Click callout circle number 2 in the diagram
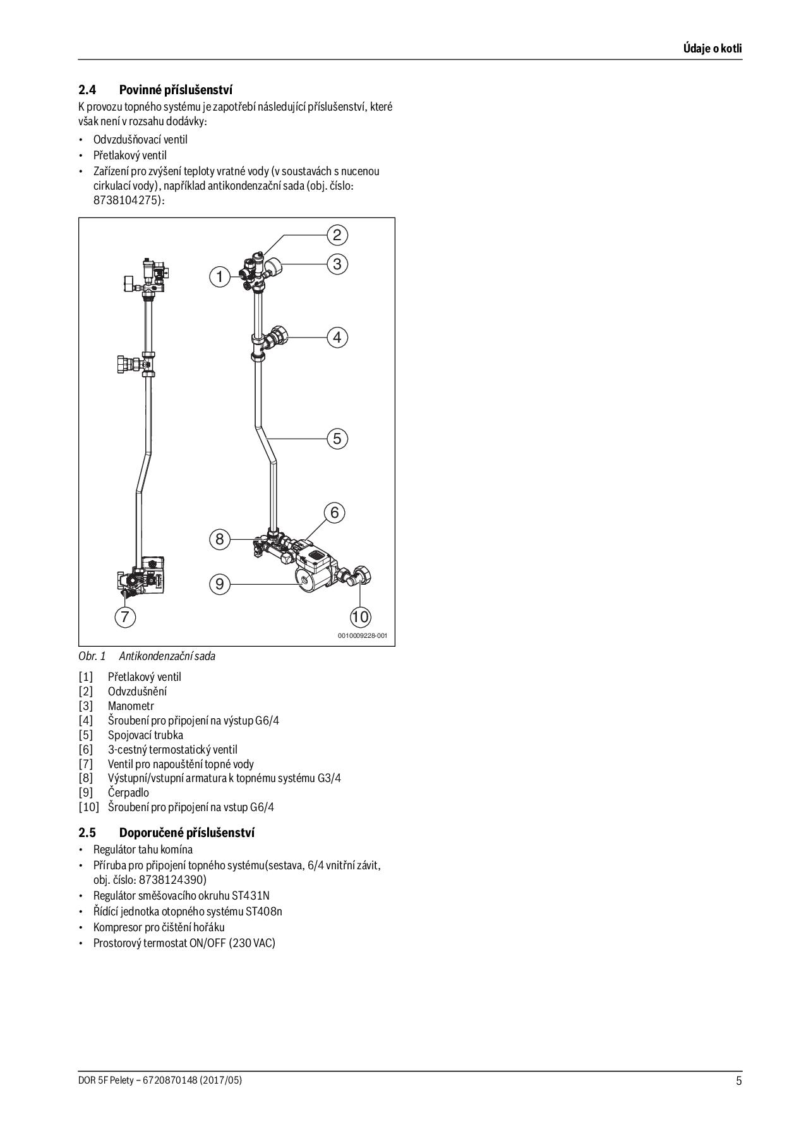pyautogui.click(x=337, y=235)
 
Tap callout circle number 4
pyautogui.click(x=337, y=338)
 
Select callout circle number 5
pyautogui.click(x=337, y=438)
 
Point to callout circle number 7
pyautogui.click(x=125, y=616)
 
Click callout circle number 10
pyautogui.click(x=360, y=616)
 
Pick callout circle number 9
pyautogui.click(x=220, y=584)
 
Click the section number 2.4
pyautogui.click(x=87, y=90)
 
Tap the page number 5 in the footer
pyautogui.click(x=738, y=1080)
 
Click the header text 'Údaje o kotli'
pyautogui.click(x=713, y=49)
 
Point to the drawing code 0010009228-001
pyautogui.click(x=362, y=636)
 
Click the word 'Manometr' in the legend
pyautogui.click(x=131, y=706)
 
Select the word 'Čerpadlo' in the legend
pyautogui.click(x=128, y=792)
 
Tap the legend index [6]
pyautogui.click(x=86, y=749)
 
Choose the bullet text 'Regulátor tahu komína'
pyautogui.click(x=143, y=850)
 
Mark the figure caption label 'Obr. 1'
pyautogui.click(x=92, y=656)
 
